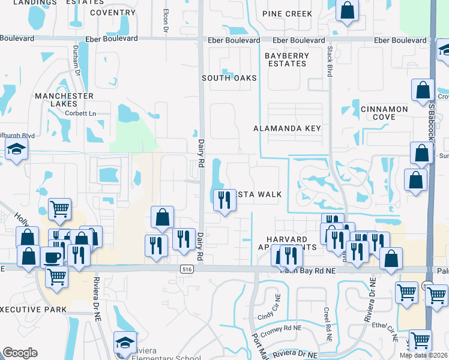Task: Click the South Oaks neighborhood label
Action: (229, 78)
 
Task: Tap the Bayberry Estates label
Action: (287, 59)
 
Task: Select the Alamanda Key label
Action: (287, 128)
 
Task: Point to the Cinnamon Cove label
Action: (384, 113)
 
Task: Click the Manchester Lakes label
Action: (64, 100)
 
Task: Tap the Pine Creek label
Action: (288, 13)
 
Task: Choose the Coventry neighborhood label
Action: (112, 12)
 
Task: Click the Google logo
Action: (20, 353)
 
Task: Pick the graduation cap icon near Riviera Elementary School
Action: (125, 341)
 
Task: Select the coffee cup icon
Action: (51, 257)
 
